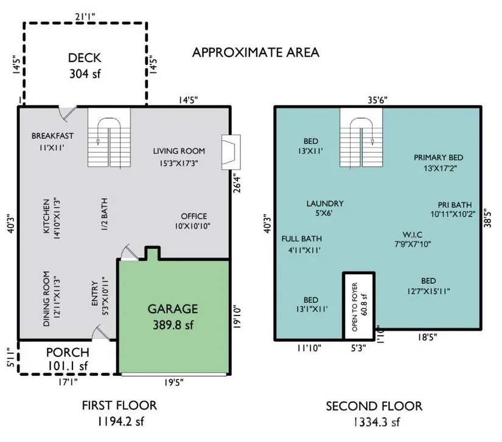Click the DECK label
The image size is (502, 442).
coord(85,58)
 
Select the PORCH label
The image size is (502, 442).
coord(68,352)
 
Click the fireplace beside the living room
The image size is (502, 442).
coord(231,152)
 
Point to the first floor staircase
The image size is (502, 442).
coord(109,137)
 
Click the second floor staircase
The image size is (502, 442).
coord(361,137)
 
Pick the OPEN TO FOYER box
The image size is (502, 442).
coord(358,306)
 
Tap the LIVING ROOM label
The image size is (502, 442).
coord(179,151)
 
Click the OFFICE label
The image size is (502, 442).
coord(193,216)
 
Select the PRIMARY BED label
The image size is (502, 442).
coord(438,157)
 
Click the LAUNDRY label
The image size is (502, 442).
coord(325,204)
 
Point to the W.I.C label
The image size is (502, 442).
coord(413,235)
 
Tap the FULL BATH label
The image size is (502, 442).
coord(302,238)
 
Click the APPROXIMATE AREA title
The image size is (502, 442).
coord(256,52)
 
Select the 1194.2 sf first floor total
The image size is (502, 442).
coord(120,421)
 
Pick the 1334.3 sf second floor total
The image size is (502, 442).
coord(377,422)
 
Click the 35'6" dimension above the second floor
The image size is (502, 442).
coord(377,100)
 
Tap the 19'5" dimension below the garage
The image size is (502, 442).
coord(174,382)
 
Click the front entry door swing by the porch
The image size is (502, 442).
coord(100,333)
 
